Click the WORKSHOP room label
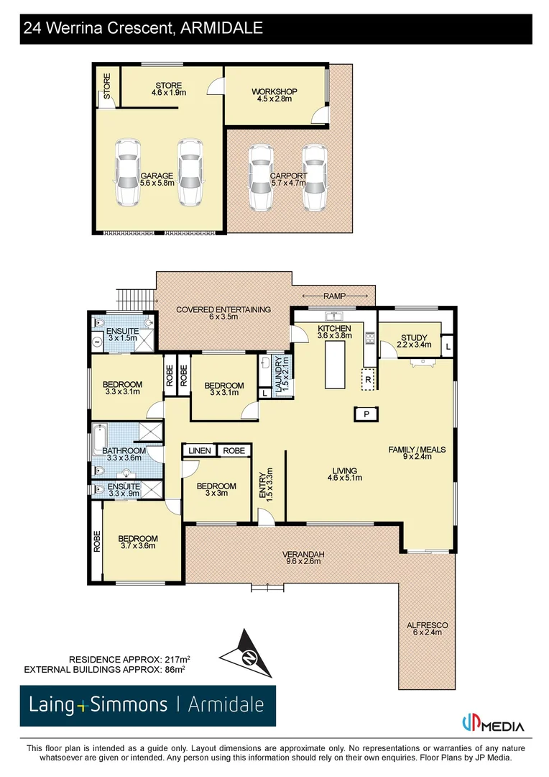point(274,91)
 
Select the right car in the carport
point(314,178)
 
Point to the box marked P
point(366,414)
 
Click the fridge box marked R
point(368,379)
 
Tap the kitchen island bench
point(335,365)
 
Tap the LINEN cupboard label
point(200,451)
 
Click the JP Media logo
point(492,724)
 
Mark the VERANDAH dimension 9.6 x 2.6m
point(303,561)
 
